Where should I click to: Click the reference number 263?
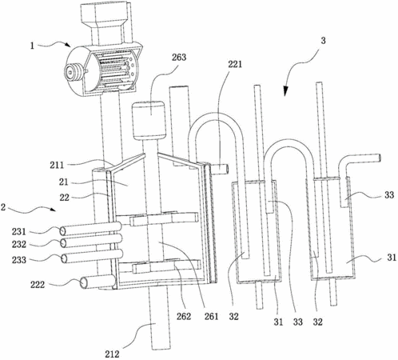179,58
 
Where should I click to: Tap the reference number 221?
235,64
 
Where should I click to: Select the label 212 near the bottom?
112,354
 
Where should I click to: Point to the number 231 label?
19,231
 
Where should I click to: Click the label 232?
19,244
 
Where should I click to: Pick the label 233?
19,259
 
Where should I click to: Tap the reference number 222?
38,285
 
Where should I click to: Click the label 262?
184,316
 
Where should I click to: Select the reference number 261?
211,316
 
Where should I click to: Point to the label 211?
57,165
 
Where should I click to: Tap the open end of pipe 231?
62,231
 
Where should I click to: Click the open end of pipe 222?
84,282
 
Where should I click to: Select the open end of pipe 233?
64,258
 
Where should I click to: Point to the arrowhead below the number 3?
286,91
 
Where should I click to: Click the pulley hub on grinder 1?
70,72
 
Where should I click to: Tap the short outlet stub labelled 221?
220,169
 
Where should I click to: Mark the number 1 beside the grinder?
32,46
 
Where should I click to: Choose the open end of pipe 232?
63,243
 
